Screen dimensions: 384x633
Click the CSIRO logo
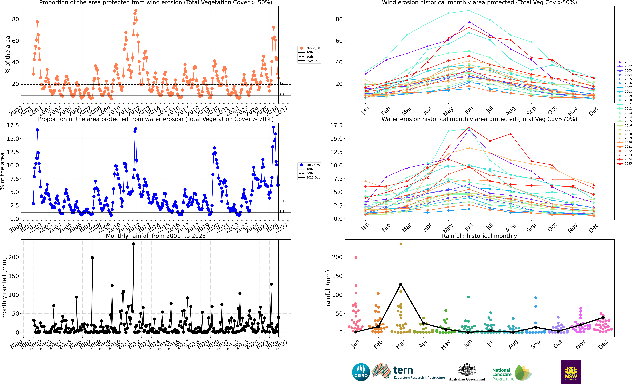point(361,372)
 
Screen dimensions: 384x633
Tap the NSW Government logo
point(571,372)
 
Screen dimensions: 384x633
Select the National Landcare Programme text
point(503,374)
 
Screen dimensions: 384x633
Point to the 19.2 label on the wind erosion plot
point(283,83)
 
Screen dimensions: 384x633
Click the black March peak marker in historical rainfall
point(401,284)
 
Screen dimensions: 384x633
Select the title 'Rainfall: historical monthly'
point(479,236)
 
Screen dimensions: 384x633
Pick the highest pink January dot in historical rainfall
point(356,257)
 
